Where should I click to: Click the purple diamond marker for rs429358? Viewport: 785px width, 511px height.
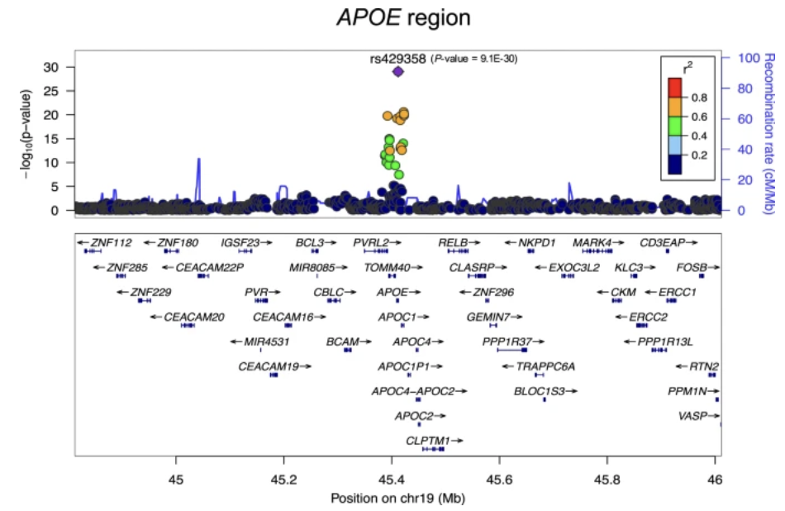[397, 72]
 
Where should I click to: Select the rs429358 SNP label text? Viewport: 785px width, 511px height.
[398, 58]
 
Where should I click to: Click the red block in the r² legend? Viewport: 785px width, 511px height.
[675, 86]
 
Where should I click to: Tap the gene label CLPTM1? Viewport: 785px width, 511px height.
[428, 441]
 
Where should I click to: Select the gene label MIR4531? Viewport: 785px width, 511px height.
[262, 341]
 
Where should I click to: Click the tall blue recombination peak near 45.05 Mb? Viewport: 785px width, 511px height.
[198, 161]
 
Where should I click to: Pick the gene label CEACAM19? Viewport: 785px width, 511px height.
[269, 366]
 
